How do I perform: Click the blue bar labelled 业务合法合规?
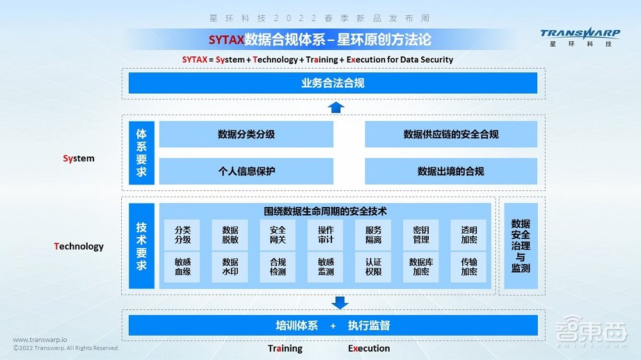tap(333, 83)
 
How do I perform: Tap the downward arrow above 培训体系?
tap(340, 302)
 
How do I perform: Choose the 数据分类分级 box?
tap(246, 135)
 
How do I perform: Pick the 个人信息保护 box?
tap(246, 171)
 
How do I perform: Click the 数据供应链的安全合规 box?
tap(451, 135)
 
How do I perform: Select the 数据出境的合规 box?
tap(451, 171)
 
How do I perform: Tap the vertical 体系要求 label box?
tap(142, 153)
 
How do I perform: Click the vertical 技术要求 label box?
tap(142, 246)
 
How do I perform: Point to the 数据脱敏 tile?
tap(230, 235)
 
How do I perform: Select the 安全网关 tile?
tap(278, 235)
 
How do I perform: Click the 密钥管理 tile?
tap(420, 235)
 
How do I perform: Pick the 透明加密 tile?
tap(469, 235)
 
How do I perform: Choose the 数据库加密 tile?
tap(420, 266)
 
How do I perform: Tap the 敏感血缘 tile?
tap(183, 266)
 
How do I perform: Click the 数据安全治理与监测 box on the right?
tap(520, 246)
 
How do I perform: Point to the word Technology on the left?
tap(79, 247)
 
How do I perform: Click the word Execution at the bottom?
tap(369, 348)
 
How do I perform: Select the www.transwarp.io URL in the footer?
tap(40, 340)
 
